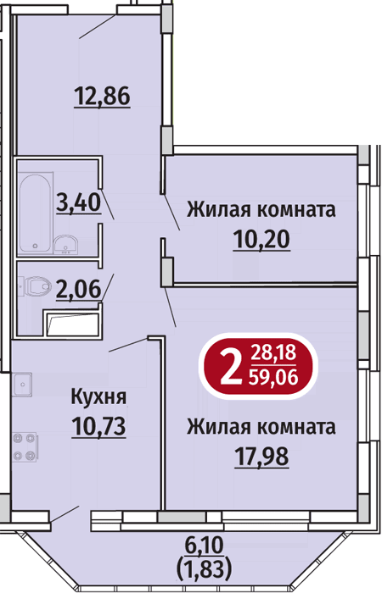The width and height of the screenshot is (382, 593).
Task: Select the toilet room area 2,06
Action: pos(79,289)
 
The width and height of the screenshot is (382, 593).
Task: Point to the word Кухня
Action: pos(98,397)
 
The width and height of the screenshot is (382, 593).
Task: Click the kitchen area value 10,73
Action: pos(98,426)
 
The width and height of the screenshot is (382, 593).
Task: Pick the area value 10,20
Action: pos(261,239)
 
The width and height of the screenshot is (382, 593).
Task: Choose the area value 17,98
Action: pos(261,456)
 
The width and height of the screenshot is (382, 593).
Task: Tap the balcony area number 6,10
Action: pos(205,545)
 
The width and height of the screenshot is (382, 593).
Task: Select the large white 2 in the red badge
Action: pos(231,366)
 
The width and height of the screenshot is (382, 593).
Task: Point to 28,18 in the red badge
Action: pos(273,354)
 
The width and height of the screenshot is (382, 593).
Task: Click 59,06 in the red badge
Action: pos(273,377)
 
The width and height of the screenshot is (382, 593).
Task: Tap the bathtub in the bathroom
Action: pos(36,213)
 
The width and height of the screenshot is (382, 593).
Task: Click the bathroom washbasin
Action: pos(65,244)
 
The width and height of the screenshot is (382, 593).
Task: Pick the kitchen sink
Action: pos(22,384)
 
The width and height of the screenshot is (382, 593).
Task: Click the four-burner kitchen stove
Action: pos(25,447)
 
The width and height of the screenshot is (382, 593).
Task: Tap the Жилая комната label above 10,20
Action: pos(261,210)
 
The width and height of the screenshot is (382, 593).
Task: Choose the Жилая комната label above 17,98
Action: pos(261,427)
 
